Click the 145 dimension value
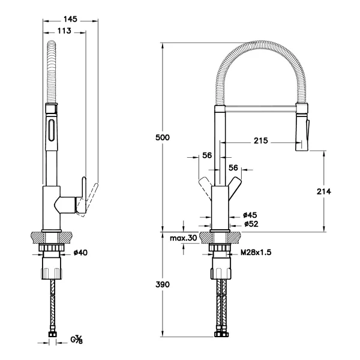point(70,19)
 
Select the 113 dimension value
point(64,31)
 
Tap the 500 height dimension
point(163,137)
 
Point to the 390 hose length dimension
point(163,284)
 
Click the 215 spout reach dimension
point(261,140)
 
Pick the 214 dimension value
point(324,191)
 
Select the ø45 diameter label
point(250,215)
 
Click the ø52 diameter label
point(251,224)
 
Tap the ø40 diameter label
point(80,253)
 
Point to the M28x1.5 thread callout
point(256,253)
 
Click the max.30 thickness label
point(184,238)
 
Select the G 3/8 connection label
point(76,340)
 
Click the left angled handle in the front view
point(205,185)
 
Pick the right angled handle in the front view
point(235,186)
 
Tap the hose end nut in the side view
point(53,334)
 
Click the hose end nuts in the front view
point(221,334)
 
